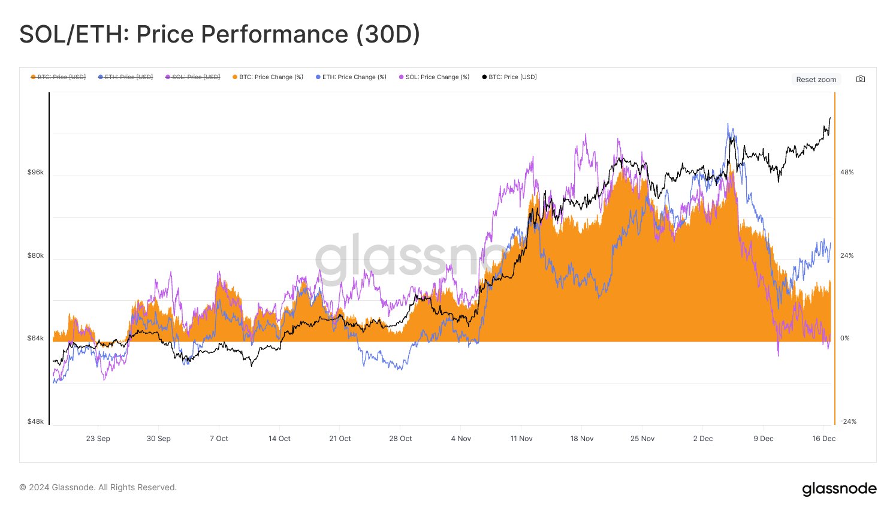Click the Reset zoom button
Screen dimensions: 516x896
point(816,79)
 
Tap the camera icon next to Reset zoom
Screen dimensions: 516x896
point(861,79)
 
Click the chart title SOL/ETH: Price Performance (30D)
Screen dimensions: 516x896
point(219,34)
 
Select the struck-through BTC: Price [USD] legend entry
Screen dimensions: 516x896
point(58,77)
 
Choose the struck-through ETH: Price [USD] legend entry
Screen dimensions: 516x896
point(125,77)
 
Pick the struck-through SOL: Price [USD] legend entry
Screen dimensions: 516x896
point(192,77)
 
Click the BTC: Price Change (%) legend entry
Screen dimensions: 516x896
point(267,77)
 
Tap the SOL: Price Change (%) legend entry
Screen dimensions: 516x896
point(434,77)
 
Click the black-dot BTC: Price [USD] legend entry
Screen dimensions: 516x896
point(509,77)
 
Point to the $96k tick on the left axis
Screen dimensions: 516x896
point(35,172)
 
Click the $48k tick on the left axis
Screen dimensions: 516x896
point(35,421)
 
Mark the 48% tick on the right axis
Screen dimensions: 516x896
point(847,172)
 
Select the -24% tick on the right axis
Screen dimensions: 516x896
point(848,421)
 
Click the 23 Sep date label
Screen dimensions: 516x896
point(98,439)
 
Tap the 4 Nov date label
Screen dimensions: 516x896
point(461,439)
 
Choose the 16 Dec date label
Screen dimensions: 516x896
point(823,439)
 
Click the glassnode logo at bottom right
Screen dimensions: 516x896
point(839,489)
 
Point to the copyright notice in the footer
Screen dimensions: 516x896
point(98,487)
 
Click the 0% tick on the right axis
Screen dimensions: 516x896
point(845,338)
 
